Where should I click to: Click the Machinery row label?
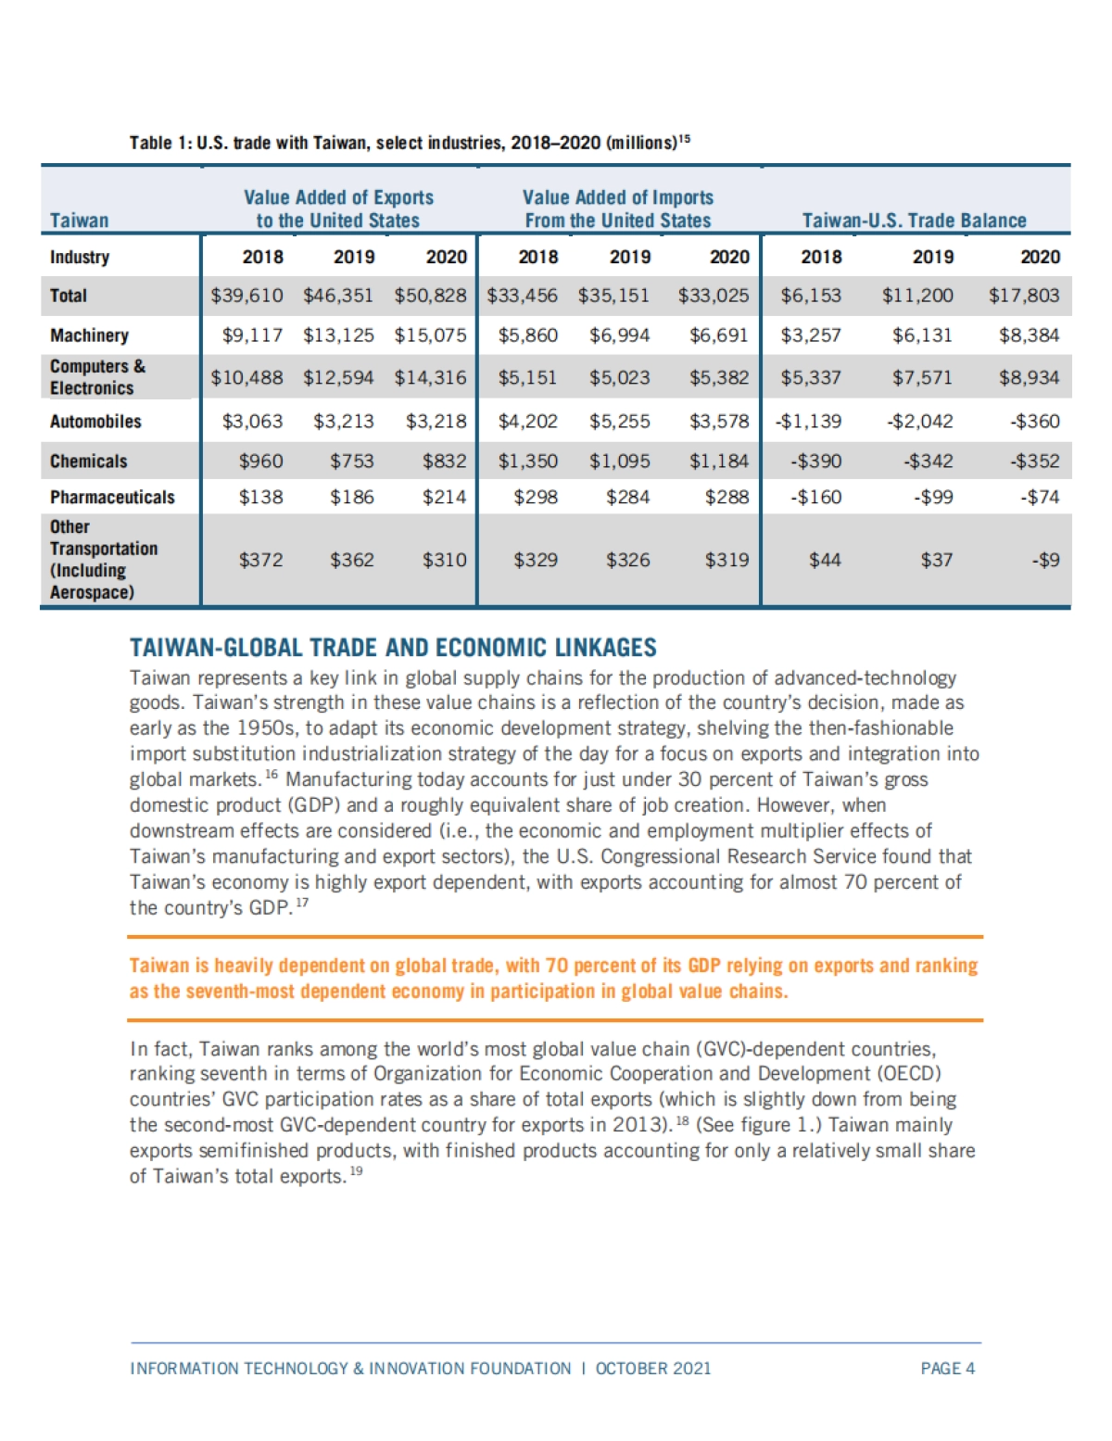click(89, 335)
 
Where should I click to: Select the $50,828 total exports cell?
click(430, 296)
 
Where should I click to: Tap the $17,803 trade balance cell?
click(1023, 296)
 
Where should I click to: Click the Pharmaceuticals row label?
click(112, 498)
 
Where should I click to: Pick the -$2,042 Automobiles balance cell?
click(921, 422)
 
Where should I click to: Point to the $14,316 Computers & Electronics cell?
click(430, 378)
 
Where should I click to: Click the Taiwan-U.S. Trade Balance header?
click(914, 221)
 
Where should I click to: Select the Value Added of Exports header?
click(338, 209)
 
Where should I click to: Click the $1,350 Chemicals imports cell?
click(527, 461)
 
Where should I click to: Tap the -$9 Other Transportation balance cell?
click(1046, 560)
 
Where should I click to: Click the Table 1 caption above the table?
click(409, 143)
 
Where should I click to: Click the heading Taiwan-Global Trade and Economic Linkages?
click(393, 648)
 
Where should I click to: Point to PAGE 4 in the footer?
click(947, 1369)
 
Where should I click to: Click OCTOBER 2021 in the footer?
click(653, 1369)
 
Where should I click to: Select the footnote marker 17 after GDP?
click(302, 904)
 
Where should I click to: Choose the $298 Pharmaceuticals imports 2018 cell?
click(536, 498)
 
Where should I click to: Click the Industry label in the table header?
click(80, 258)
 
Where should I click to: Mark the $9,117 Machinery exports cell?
click(252, 335)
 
